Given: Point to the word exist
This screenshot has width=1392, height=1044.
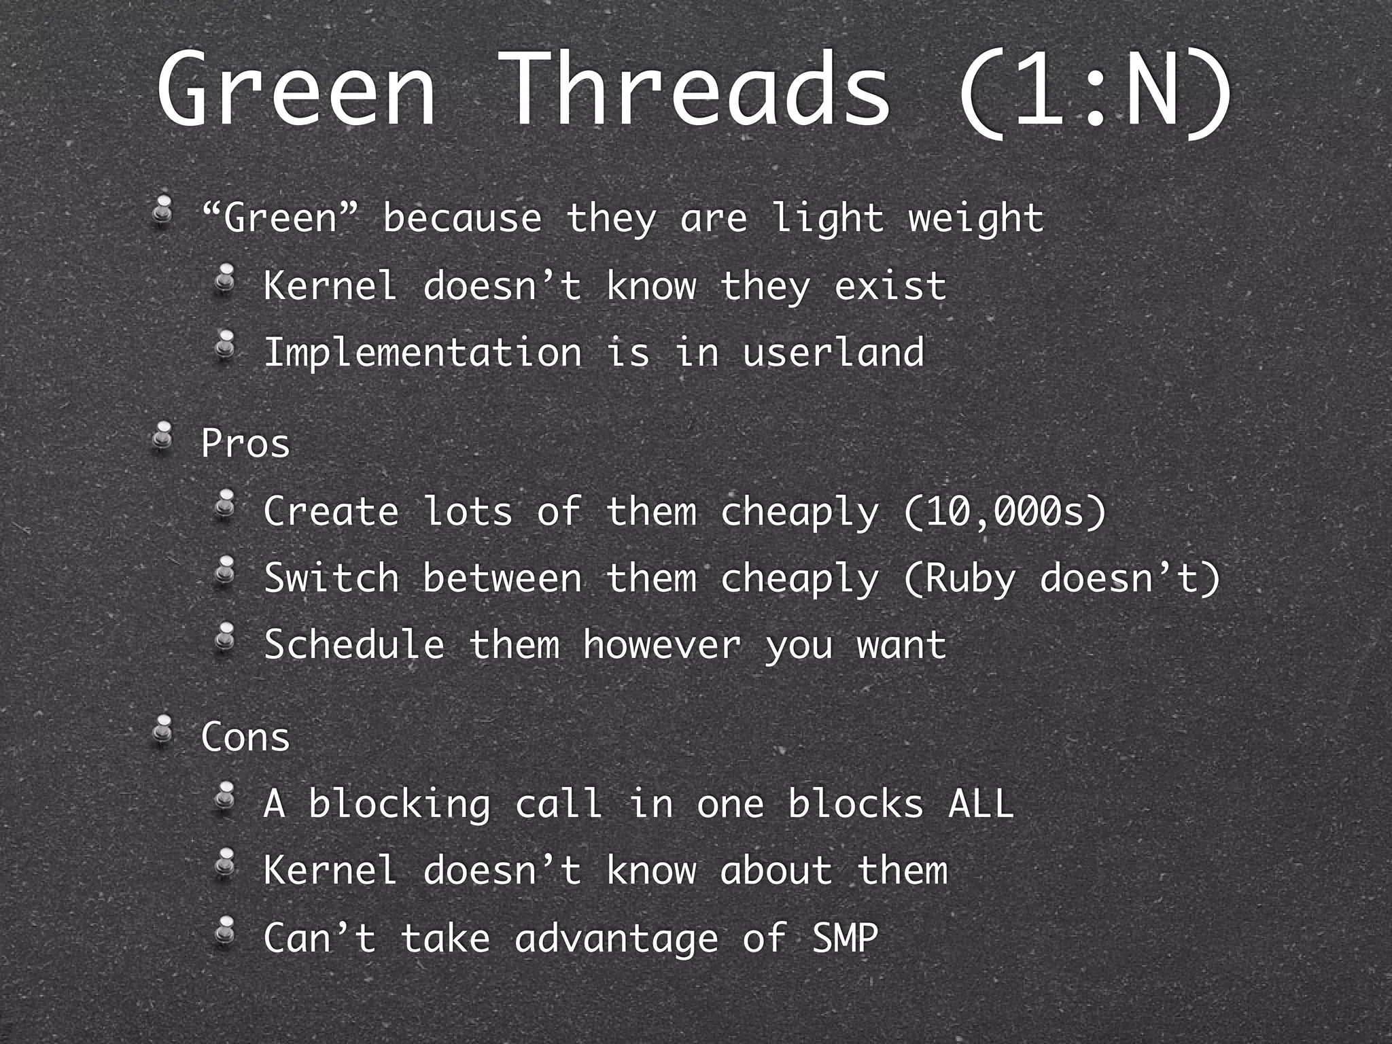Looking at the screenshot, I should pos(890,286).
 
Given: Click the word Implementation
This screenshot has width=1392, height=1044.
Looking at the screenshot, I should pos(422,353).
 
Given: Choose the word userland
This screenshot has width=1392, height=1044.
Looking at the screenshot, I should pos(833,353).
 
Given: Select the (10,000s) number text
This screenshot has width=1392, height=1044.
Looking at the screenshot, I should pos(1005,512).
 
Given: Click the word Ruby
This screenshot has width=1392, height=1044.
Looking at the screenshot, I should pos(971,579).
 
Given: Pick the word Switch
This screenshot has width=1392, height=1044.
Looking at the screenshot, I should pos(331,578).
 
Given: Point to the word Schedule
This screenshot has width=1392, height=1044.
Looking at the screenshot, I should pos(354,645).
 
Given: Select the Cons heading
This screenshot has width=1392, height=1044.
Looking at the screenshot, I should pos(245,737).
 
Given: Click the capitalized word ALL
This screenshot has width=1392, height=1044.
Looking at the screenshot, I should pos(980,804).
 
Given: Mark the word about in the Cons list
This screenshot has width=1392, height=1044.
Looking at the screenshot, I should pos(776,871).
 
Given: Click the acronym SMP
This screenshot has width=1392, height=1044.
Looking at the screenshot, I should pos(846,939).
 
